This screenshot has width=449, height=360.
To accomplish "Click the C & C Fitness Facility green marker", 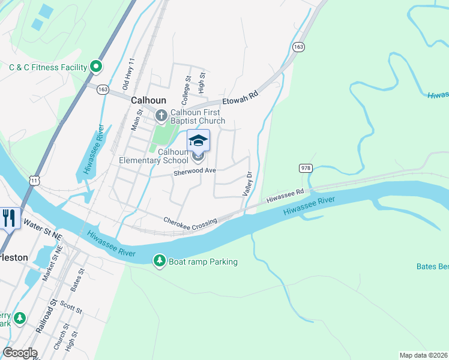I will click(x=96, y=67).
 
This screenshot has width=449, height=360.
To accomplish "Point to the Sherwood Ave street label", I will click(x=194, y=171).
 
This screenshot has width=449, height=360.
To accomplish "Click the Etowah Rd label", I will click(x=240, y=98).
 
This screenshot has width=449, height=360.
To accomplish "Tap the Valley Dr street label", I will click(x=247, y=183).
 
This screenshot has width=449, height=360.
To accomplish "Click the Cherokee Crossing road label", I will click(x=190, y=221).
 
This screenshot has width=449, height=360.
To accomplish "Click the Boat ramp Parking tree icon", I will click(x=160, y=261).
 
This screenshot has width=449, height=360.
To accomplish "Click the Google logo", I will click(x=20, y=353).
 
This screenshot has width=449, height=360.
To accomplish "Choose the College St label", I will click(x=187, y=86).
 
